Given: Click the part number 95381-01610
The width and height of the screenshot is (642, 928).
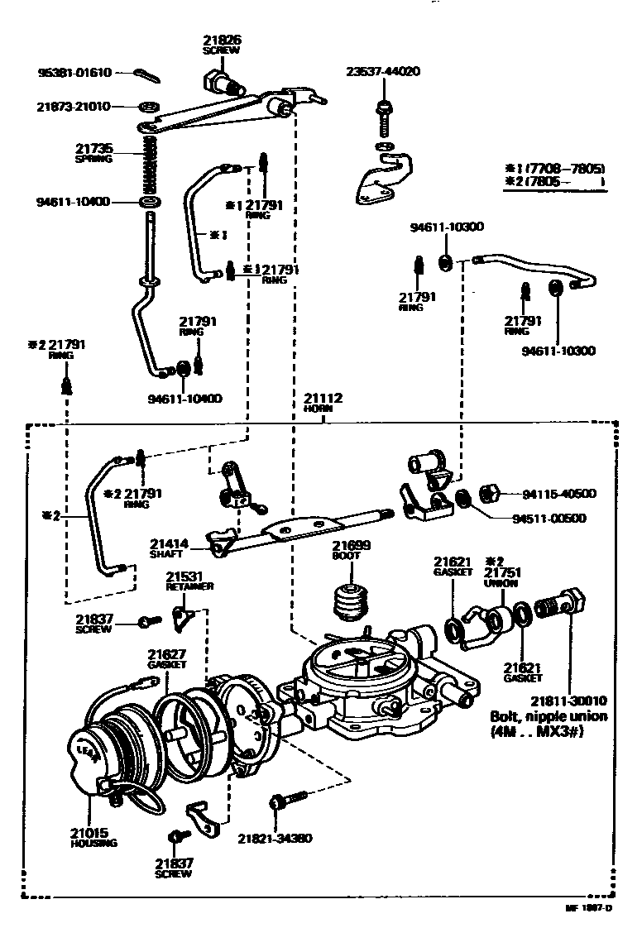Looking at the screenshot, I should (74, 73).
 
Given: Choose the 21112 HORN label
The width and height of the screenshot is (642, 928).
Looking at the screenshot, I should (324, 402).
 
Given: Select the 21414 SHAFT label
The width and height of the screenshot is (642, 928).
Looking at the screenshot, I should (170, 548).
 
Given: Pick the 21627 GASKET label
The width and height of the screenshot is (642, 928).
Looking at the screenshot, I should (167, 658).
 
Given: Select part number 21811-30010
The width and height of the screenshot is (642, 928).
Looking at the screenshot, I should (570, 700).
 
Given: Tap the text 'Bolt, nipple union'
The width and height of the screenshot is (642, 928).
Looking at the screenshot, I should (549, 716).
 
